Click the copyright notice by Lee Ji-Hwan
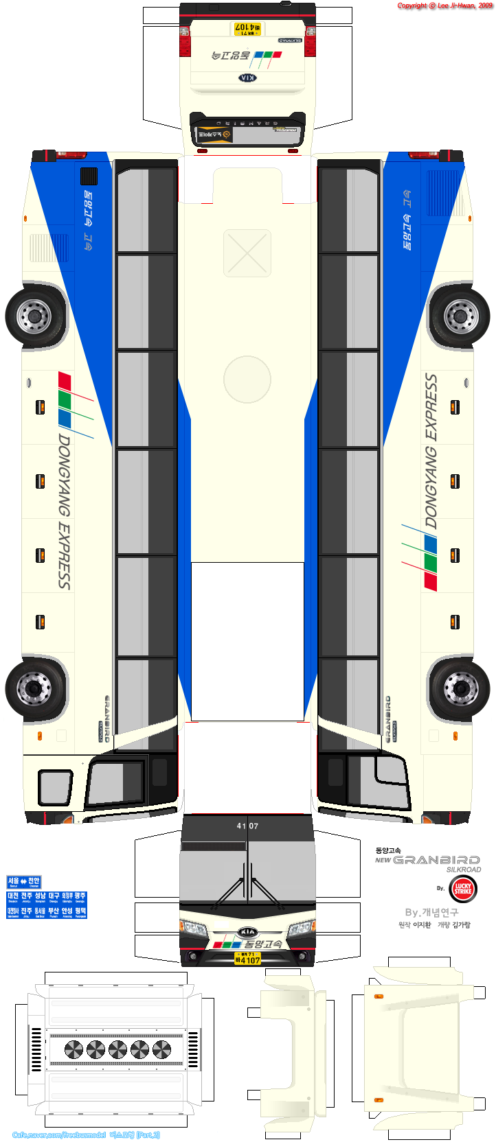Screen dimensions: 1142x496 pyautogui.click(x=444, y=5)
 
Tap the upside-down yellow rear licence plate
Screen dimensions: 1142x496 pyautogui.click(x=247, y=29)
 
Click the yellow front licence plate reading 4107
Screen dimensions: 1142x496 pyautogui.click(x=247, y=958)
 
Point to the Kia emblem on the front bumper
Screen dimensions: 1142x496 pyautogui.click(x=247, y=932)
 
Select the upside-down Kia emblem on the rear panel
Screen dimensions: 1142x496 pyautogui.click(x=247, y=78)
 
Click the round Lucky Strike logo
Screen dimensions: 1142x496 pyautogui.click(x=463, y=889)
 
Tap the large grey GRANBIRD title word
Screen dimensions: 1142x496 pyautogui.click(x=436, y=860)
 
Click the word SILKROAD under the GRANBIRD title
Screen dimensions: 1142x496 pyautogui.click(x=464, y=870)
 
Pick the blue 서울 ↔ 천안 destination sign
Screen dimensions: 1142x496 pyautogui.click(x=24, y=882)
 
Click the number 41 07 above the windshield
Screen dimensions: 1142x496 pyautogui.click(x=247, y=826)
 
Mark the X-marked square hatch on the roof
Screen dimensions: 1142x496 pyautogui.click(x=247, y=253)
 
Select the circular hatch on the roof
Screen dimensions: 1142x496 pyautogui.click(x=247, y=380)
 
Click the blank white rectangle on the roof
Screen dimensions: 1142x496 pyautogui.click(x=247, y=641)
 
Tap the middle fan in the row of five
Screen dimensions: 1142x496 pyautogui.click(x=117, y=1049)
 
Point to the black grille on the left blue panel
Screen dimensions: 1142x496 pyautogui.click(x=89, y=176)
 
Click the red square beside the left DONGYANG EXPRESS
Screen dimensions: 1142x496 pyautogui.click(x=65, y=380)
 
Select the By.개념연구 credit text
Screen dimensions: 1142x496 pyautogui.click(x=431, y=912)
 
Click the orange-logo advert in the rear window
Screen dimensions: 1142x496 pyautogui.click(x=214, y=135)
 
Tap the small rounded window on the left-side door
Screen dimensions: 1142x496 pyautogui.click(x=55, y=787)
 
